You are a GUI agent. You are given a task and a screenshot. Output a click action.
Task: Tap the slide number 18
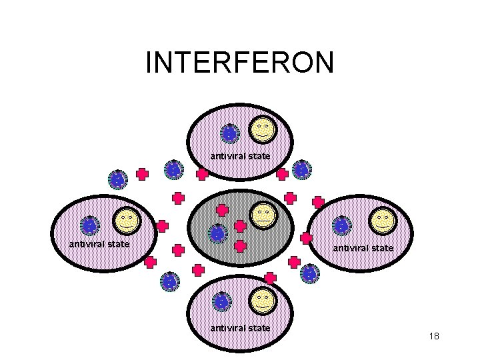click(434, 336)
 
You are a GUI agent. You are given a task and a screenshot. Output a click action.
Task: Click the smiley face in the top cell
click(263, 128)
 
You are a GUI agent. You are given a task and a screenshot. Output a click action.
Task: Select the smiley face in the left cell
click(126, 220)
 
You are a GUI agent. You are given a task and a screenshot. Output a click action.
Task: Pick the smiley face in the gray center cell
click(264, 215)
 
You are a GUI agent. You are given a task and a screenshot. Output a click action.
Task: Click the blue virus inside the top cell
click(229, 134)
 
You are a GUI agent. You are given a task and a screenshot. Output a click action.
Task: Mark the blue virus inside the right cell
click(342, 226)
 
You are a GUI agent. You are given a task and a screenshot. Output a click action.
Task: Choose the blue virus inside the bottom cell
click(222, 302)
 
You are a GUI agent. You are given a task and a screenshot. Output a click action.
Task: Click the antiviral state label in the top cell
click(241, 156)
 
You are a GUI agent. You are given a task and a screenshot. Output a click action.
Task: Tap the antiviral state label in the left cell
click(99, 244)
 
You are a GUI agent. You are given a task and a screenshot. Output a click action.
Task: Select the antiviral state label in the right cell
click(363, 248)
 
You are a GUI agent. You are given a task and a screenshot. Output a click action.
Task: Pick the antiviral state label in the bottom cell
click(241, 327)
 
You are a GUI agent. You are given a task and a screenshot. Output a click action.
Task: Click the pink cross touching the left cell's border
click(162, 227)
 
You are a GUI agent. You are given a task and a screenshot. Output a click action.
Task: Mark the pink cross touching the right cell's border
click(307, 237)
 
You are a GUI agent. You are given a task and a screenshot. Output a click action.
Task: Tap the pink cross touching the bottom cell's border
click(270, 277)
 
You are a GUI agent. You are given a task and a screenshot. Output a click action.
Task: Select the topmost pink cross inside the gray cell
click(223, 209)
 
